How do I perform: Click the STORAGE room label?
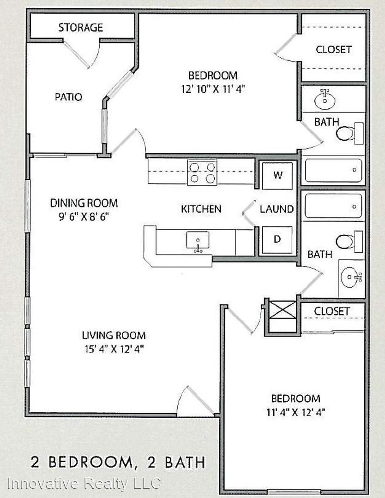coord(81,28)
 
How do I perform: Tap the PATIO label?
coord(68,97)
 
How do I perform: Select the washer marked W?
coord(277,176)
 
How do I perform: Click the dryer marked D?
coord(277,239)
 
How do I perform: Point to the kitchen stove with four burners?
coord(202,172)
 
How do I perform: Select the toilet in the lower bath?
coord(349,242)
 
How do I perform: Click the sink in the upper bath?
coord(325,100)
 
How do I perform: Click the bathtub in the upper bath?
coord(333,170)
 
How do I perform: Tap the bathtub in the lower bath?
coord(333,206)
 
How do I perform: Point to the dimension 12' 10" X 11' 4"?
coord(213,89)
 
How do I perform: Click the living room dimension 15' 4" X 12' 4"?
coord(114,349)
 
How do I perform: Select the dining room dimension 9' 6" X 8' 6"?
coord(84,217)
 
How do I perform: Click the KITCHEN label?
coord(201,209)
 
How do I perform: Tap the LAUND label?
coord(277,209)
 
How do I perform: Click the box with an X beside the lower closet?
coord(283,310)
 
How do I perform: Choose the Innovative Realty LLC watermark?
coord(84,484)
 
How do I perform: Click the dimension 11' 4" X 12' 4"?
coord(295,412)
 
